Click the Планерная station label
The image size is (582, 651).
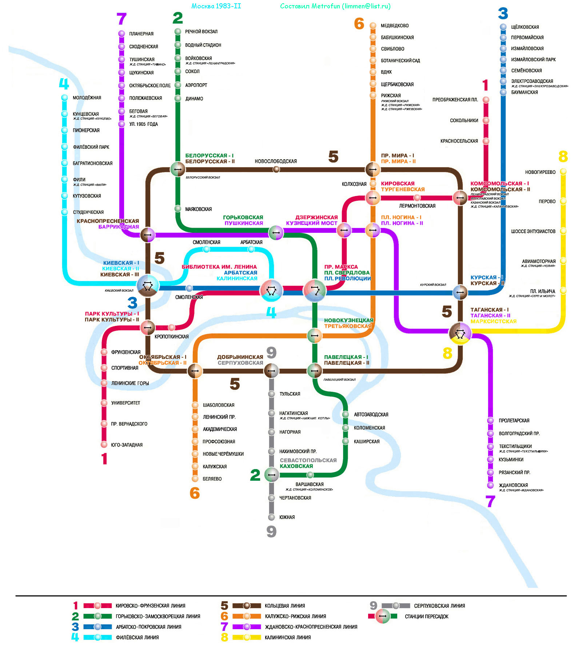[141, 34]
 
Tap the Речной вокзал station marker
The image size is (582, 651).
[178, 32]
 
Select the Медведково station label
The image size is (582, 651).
[394, 26]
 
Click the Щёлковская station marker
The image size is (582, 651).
[503, 27]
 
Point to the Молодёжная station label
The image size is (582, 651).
[87, 98]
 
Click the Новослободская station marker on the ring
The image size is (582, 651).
[276, 169]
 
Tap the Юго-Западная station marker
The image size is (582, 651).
[104, 444]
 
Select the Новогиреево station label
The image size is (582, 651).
[540, 172]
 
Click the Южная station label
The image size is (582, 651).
[287, 517]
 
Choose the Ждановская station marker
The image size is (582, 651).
[490, 485]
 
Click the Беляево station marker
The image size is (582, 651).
[195, 479]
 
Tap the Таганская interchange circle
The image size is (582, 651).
[460, 332]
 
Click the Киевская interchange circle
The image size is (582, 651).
[148, 286]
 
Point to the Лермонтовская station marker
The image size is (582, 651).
[417, 198]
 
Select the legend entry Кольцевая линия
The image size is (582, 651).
[284, 606]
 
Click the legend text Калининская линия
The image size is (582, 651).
[287, 637]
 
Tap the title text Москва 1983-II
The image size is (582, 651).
[216, 6]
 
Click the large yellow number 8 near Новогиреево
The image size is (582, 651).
[563, 157]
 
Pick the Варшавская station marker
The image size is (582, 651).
[310, 475]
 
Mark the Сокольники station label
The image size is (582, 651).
[464, 120]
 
